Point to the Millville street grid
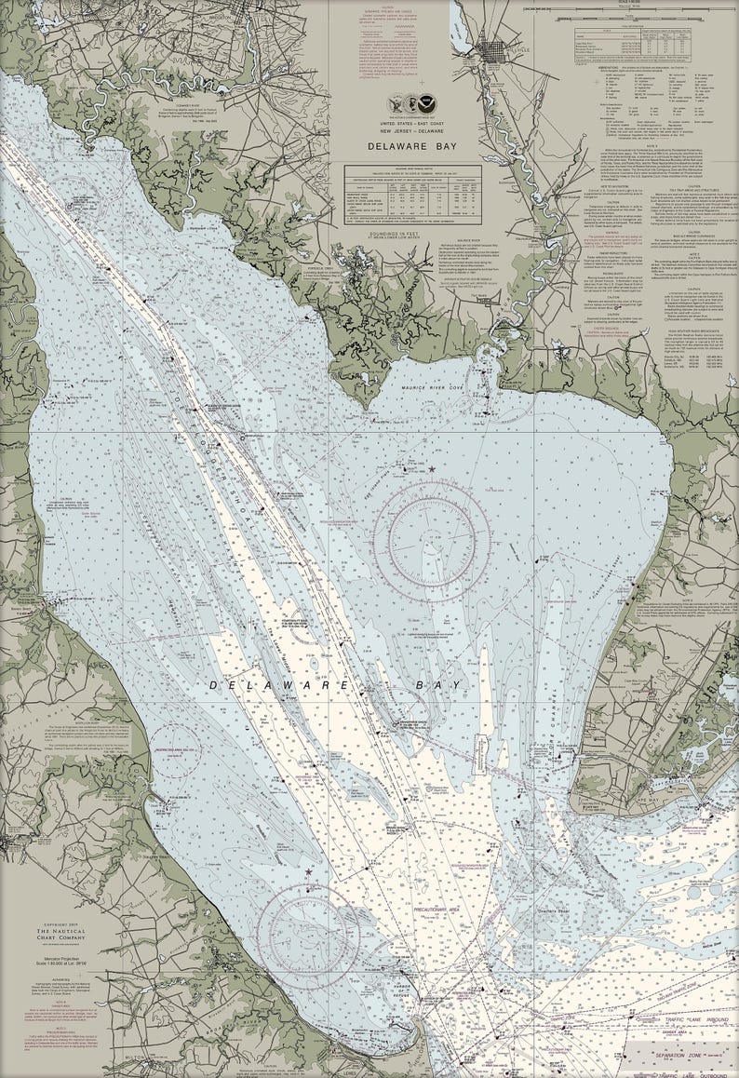pyautogui.click(x=494, y=47)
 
